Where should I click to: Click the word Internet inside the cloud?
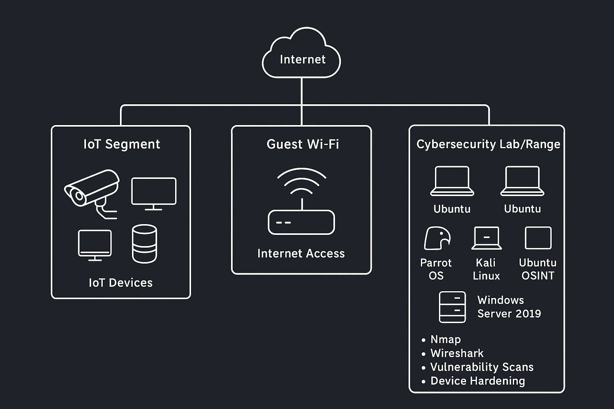pos(303,60)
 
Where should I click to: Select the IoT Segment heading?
pos(122,144)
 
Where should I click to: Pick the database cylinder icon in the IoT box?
pos(144,244)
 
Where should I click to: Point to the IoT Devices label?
pos(121,283)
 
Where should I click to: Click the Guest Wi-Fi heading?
pos(303,144)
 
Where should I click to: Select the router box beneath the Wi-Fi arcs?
pos(301,222)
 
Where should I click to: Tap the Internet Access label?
pos(301,254)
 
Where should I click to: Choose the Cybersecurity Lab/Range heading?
pos(488,144)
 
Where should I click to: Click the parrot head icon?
pos(437,238)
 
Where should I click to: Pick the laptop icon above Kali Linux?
pos(486,238)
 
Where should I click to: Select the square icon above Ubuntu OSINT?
pos(538,238)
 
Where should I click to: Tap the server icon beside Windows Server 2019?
pos(452,307)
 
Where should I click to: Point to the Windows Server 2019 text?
pos(509,307)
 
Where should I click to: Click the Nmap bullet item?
pos(445,340)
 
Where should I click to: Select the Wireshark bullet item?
pos(457,353)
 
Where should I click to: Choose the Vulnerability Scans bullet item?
pos(482,367)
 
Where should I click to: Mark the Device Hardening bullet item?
pos(477,381)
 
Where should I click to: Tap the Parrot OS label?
pos(436,269)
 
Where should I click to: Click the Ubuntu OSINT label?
pos(538,269)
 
